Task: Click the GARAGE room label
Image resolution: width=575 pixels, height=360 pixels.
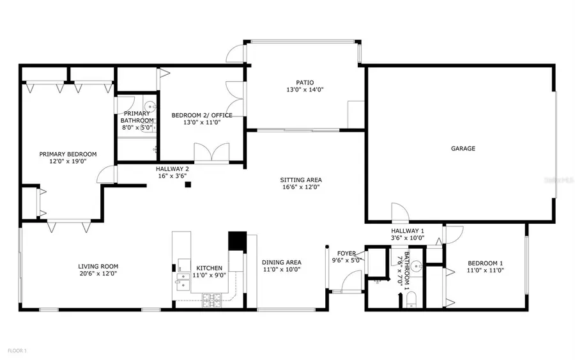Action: point(463,148)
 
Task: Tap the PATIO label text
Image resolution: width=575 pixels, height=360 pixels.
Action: point(305,82)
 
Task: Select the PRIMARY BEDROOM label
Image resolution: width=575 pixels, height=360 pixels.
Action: point(68,154)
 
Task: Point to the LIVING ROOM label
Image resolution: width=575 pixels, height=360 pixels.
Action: point(98,266)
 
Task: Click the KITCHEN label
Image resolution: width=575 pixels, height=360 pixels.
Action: point(210,268)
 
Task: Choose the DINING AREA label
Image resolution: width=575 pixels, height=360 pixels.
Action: point(281,262)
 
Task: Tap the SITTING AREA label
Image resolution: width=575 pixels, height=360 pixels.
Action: point(300,180)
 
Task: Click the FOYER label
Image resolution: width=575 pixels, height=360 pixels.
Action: point(347,253)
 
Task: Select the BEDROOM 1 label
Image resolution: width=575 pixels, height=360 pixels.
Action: point(486,263)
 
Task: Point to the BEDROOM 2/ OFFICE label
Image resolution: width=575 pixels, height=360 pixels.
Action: point(202,115)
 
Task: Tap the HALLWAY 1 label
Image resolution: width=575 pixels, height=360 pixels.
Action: point(408,230)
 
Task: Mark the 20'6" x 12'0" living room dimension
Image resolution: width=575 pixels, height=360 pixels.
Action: point(98,274)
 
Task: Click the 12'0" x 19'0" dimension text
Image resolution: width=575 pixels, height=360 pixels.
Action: point(68,162)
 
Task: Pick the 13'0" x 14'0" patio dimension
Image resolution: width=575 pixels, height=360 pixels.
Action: point(305,90)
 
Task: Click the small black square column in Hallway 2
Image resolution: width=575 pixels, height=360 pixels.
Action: point(188,185)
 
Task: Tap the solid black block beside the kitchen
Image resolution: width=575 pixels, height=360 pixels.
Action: point(237,241)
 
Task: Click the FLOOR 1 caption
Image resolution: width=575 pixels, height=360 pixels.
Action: point(17,350)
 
